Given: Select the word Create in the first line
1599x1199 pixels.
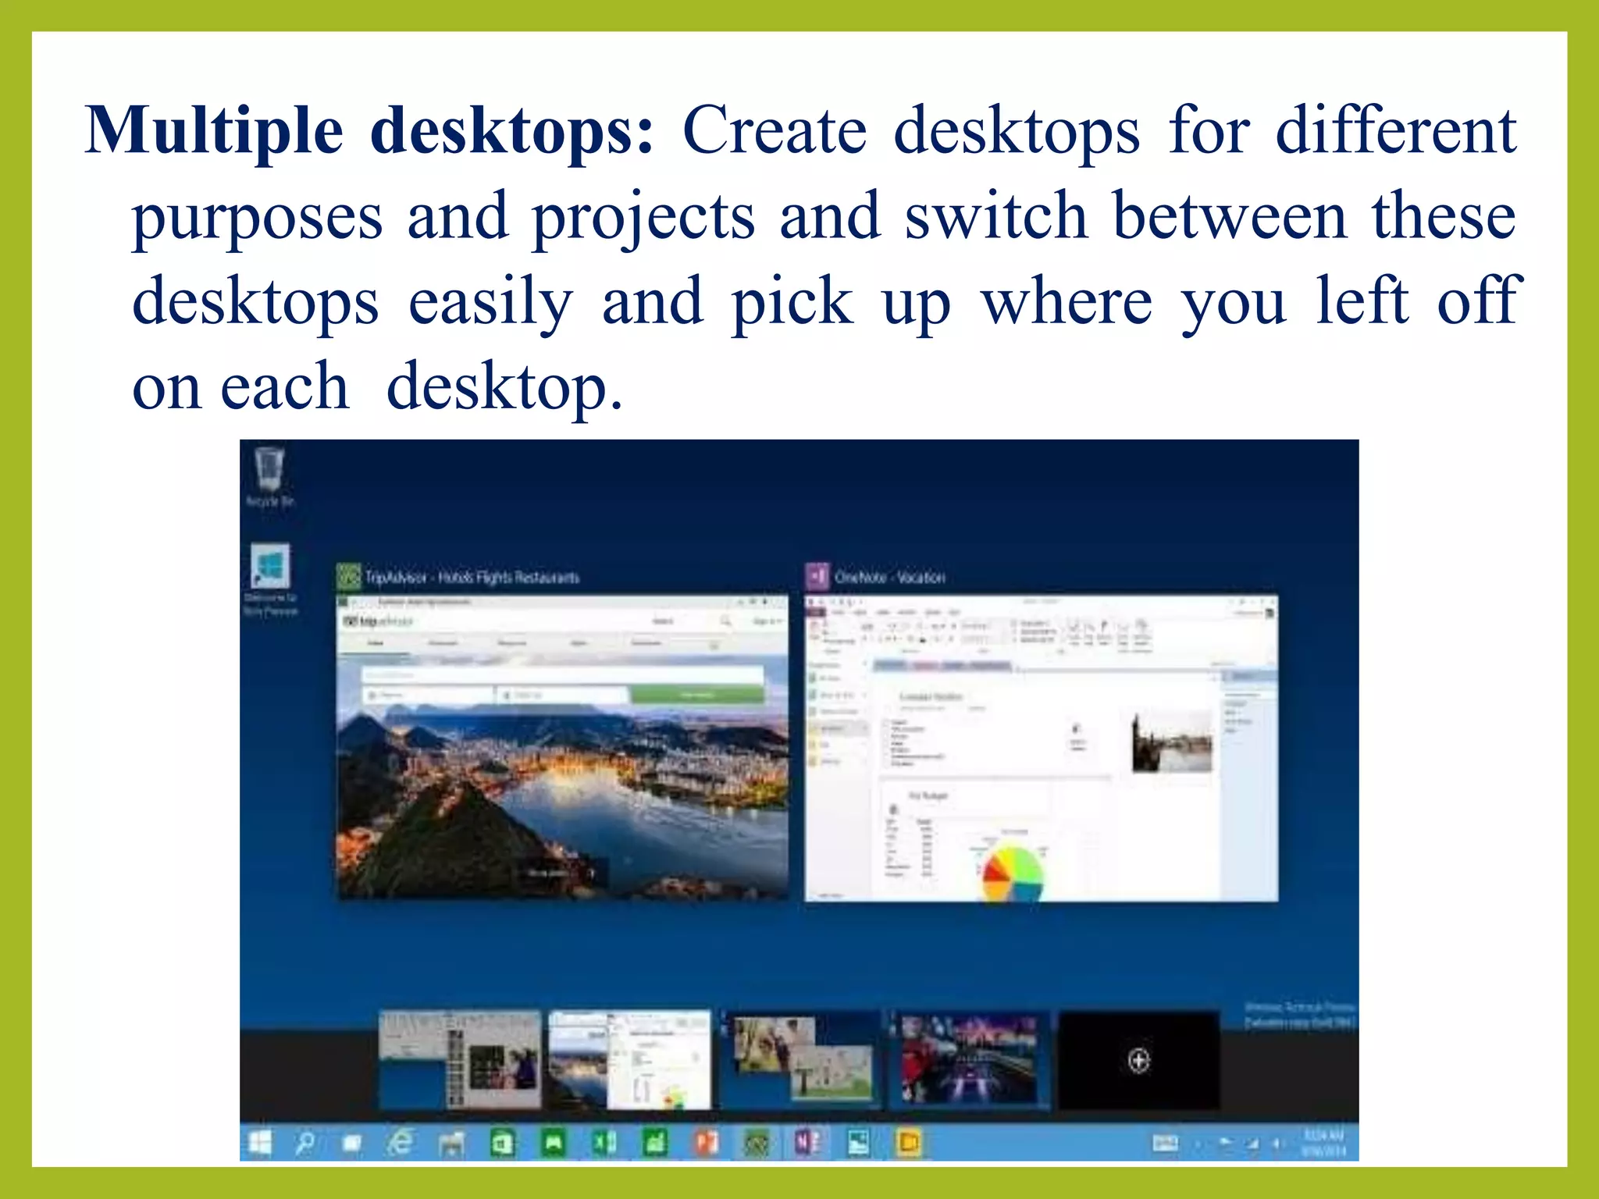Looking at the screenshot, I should (774, 131).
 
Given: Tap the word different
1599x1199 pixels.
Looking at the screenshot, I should (1395, 131).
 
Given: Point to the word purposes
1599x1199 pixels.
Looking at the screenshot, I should (257, 217).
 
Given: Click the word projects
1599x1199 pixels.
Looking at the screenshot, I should (643, 217).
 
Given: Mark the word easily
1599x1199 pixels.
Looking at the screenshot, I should (490, 302).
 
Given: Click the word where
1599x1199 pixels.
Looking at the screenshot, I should (1066, 302).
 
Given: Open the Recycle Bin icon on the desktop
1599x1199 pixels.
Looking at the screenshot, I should (269, 471).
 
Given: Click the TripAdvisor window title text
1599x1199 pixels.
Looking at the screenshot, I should (472, 578).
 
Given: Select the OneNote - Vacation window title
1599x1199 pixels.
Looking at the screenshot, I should (889, 578).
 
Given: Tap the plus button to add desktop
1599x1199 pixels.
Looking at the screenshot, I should (1138, 1061).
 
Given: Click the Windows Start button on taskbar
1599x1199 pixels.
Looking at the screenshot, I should (260, 1144).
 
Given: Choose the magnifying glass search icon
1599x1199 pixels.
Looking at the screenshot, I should (304, 1144).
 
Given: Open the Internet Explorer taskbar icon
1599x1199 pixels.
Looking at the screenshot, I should (401, 1144).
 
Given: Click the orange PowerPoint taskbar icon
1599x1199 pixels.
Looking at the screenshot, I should (707, 1144).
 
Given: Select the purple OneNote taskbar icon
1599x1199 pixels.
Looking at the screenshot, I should (807, 1144).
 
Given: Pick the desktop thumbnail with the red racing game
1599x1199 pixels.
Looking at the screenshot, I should (969, 1059).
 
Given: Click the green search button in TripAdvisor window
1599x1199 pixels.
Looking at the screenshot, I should (696, 694).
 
